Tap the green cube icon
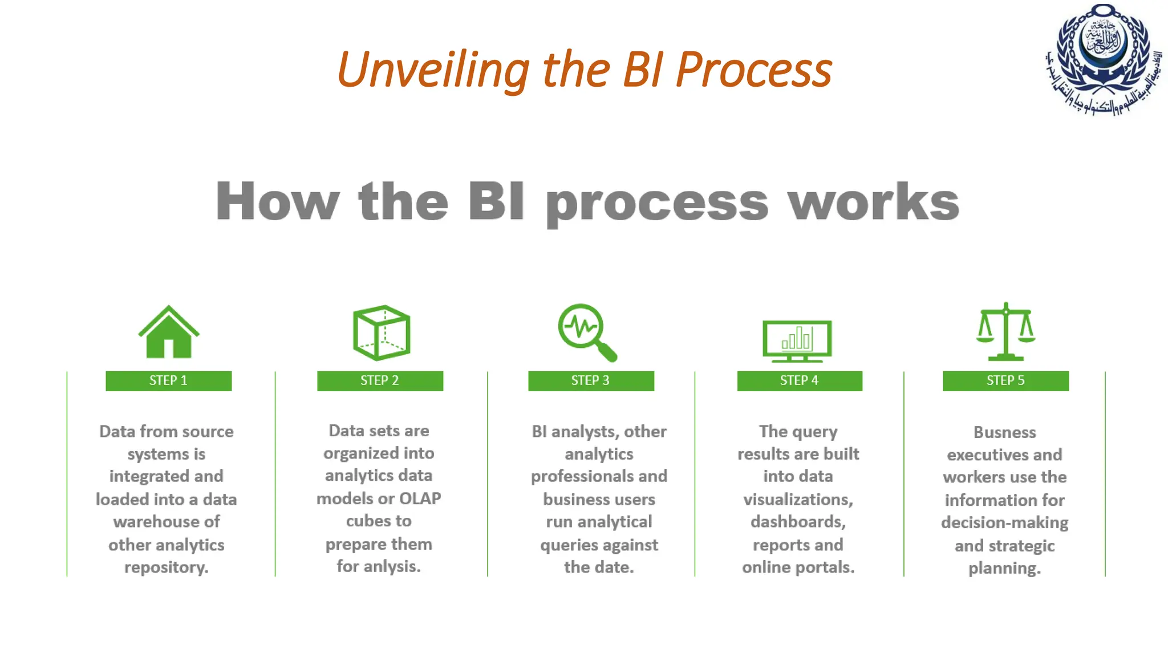coord(382,333)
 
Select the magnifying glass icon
coord(587,332)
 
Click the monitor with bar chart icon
coord(797,340)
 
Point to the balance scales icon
coord(1005,332)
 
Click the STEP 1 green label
coord(168,381)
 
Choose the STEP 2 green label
coord(380,381)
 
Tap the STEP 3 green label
coord(591,381)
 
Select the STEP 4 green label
coord(800,381)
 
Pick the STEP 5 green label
coord(1005,381)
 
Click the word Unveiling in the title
coord(433,70)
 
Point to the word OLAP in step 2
coord(420,498)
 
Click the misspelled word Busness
coord(1004,432)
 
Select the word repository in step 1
coord(166,567)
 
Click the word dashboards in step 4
coord(798,522)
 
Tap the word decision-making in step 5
coord(1004,522)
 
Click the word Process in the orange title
coord(754,70)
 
